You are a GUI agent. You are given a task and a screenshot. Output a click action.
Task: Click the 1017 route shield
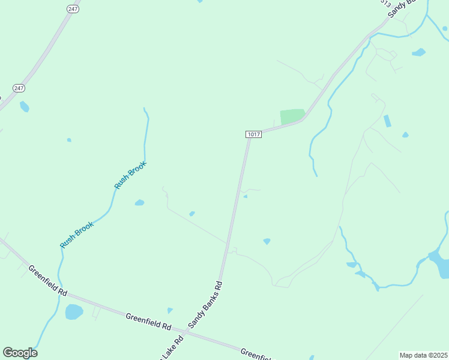[253, 134]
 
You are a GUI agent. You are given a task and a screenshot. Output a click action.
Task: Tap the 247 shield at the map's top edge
[73, 9]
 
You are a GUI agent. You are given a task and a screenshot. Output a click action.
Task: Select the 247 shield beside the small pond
[19, 88]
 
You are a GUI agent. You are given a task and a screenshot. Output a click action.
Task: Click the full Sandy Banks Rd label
[205, 304]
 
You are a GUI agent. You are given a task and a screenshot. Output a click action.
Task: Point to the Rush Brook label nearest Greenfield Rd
[77, 235]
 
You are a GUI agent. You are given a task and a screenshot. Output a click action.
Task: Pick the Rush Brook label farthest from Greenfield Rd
[130, 175]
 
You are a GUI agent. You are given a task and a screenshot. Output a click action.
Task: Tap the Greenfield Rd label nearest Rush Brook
[47, 281]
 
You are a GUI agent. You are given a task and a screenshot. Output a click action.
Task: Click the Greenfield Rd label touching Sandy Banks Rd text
[148, 321]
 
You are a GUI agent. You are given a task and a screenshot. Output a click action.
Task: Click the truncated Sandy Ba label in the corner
[402, 8]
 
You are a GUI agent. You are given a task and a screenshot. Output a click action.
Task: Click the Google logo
[20, 353]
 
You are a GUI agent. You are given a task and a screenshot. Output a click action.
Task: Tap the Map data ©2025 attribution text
[423, 355]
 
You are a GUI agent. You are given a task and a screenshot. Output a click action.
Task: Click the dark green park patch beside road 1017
[292, 116]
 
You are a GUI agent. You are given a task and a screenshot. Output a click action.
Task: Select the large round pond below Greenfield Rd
[74, 312]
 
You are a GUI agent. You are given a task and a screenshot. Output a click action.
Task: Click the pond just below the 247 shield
[24, 107]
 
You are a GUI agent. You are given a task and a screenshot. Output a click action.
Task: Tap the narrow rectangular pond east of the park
[387, 121]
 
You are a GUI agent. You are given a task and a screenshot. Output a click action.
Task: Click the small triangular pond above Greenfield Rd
[170, 310]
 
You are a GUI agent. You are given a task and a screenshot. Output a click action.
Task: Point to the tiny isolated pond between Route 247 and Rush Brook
[69, 140]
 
